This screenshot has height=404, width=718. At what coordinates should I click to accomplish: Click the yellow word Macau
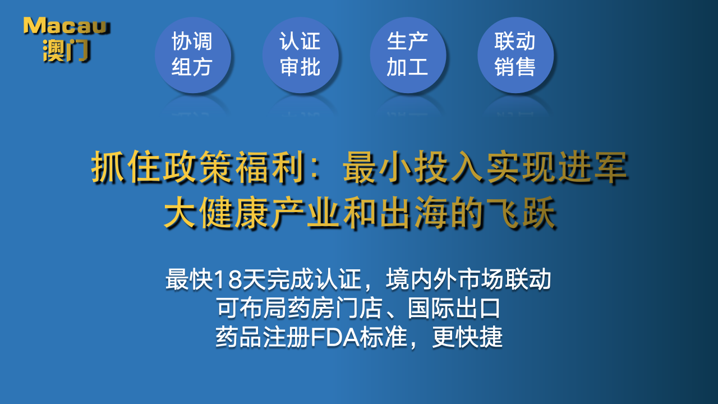[x=66, y=26]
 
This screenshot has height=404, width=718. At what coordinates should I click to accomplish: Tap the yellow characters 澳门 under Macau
[x=66, y=50]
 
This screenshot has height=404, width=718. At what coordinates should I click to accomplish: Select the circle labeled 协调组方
[x=192, y=55]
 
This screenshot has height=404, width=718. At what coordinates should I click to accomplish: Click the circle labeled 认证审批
[x=300, y=55]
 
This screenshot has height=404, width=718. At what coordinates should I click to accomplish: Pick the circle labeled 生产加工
[x=408, y=55]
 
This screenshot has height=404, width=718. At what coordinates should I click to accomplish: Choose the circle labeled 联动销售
[x=516, y=55]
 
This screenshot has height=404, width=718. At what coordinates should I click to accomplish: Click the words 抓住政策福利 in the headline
[x=197, y=167]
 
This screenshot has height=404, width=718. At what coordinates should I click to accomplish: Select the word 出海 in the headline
[x=414, y=213]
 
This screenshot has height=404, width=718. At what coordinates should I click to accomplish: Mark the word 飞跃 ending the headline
[x=521, y=213]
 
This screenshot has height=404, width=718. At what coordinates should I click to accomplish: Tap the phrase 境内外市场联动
[x=468, y=279]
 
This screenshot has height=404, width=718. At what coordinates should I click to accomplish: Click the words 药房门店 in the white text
[x=335, y=308]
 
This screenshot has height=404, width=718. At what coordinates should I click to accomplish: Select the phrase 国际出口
[x=454, y=308]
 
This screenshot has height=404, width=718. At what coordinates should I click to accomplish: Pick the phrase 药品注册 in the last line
[x=263, y=337]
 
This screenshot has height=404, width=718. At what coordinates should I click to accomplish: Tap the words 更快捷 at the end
[x=467, y=337]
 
